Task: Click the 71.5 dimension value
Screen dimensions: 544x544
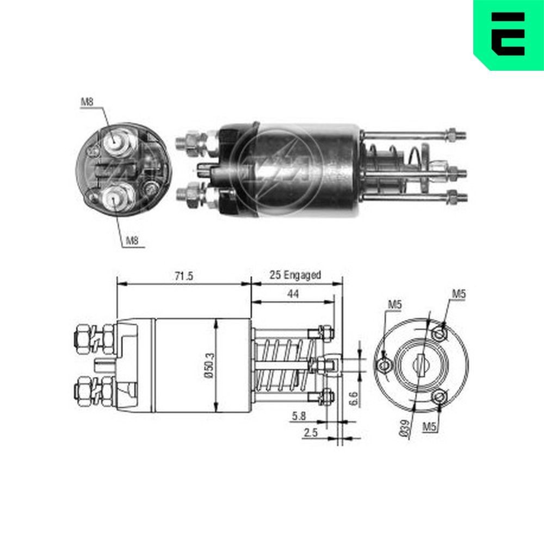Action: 183,276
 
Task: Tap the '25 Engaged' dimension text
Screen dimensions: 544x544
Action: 295,275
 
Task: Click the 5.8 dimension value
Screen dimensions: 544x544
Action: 298,416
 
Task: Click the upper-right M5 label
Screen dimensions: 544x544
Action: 460,294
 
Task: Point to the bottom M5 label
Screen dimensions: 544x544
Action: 430,427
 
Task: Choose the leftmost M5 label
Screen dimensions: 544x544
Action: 394,305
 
